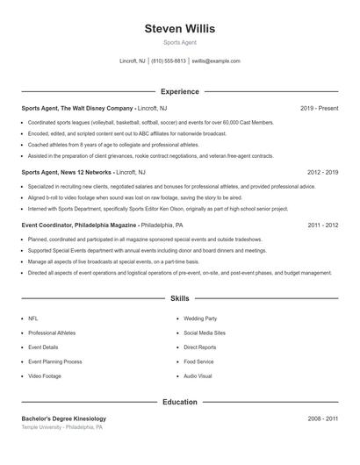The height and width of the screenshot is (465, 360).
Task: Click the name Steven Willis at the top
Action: [179, 29]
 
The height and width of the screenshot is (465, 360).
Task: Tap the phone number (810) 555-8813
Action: [169, 61]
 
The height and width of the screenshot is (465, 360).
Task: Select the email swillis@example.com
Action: [216, 61]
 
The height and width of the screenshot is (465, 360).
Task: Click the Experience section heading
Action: [179, 91]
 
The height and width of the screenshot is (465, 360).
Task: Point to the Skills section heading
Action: [179, 299]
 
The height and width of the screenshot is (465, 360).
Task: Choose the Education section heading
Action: [179, 402]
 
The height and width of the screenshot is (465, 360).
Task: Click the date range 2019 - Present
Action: [319, 108]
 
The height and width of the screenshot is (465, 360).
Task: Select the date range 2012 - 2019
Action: [322, 173]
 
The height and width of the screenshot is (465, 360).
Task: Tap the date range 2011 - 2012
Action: [322, 225]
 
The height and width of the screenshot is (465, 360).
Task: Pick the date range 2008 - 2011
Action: [322, 418]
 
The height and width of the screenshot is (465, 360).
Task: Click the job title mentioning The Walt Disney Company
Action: [89, 108]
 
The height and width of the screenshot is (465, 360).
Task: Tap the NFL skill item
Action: [33, 319]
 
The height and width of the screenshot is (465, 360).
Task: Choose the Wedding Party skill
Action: [200, 319]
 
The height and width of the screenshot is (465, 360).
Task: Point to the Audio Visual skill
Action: [198, 376]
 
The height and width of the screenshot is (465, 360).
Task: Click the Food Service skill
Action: [198, 361]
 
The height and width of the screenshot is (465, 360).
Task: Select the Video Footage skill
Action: [45, 376]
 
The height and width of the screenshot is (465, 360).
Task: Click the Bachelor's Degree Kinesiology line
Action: [64, 418]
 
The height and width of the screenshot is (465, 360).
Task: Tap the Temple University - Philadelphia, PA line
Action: [62, 427]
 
